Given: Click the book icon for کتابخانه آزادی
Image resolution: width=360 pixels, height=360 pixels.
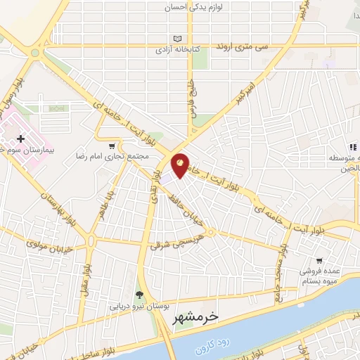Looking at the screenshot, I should [176, 39].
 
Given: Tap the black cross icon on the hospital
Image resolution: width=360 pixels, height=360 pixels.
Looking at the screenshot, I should [20, 139].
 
